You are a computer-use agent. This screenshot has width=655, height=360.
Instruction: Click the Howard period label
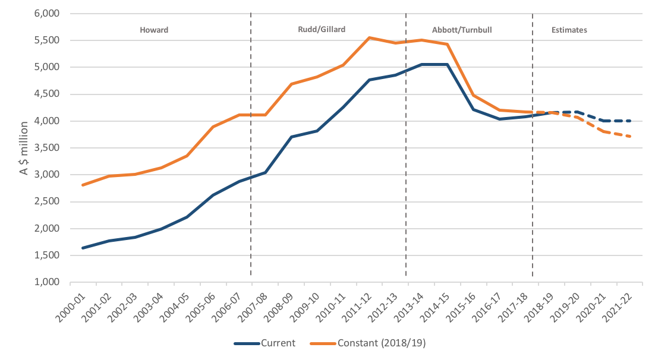click(154, 29)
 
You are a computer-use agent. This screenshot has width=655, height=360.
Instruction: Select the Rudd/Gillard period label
click(321, 29)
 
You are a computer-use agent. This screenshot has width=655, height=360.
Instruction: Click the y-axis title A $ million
click(24, 148)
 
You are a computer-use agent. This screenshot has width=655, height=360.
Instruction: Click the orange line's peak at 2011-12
click(370, 37)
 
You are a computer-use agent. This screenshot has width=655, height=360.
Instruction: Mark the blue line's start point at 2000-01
click(83, 248)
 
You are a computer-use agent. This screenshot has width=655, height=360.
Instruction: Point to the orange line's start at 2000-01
click(83, 185)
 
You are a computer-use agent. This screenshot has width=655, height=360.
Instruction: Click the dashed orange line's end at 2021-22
click(630, 137)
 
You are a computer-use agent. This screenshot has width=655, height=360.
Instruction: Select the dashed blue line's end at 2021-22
click(630, 121)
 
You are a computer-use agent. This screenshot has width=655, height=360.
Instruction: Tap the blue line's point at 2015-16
click(474, 109)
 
